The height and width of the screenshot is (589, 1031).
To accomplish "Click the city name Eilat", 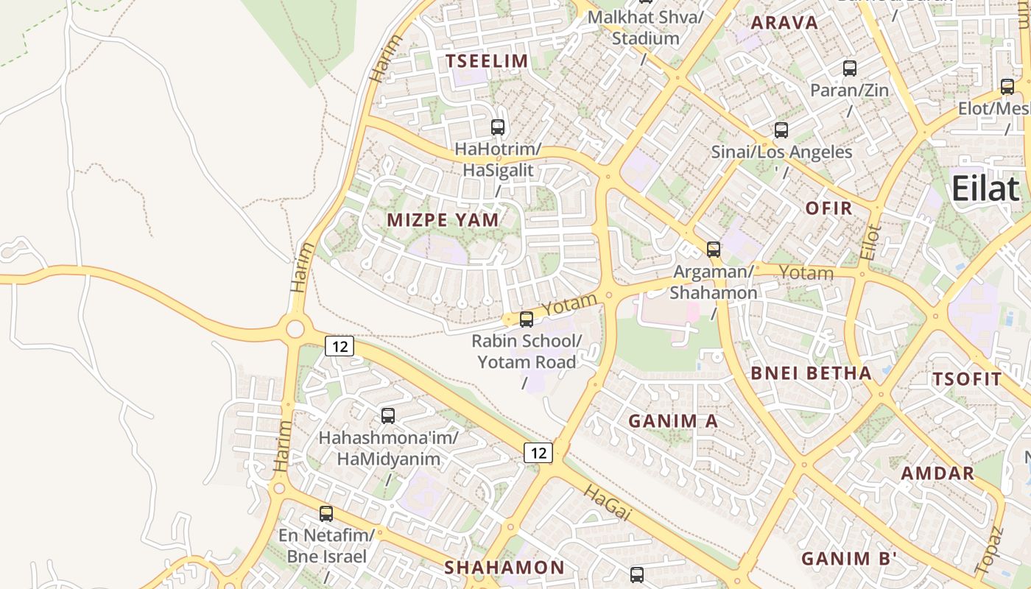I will click(985, 189).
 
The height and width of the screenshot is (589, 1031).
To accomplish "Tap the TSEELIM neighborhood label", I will click(488, 61).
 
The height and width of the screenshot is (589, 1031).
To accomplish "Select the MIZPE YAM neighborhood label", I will click(443, 219).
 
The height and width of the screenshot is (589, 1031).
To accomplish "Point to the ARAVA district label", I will click(784, 23).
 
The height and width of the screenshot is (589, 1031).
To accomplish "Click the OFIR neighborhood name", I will click(828, 208).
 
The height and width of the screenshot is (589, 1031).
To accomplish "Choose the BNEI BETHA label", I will click(811, 373).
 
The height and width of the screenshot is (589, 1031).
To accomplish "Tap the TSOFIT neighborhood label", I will click(967, 380).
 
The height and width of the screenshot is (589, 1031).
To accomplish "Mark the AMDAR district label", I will click(938, 473).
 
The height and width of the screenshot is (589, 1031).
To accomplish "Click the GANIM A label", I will click(673, 421).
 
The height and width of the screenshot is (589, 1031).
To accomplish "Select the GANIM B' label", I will click(848, 559).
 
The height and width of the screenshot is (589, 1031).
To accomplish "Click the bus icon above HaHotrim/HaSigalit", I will click(498, 127).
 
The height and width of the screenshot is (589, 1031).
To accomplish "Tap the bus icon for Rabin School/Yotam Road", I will click(527, 319).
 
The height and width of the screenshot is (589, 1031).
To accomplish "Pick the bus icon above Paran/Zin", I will click(849, 68).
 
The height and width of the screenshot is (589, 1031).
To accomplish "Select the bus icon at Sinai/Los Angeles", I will click(781, 130).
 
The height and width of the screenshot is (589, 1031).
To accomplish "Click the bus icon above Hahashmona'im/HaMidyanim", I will click(388, 415).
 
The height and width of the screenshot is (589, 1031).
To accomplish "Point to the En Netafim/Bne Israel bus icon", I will click(326, 513).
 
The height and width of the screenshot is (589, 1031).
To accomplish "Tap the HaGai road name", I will click(608, 504).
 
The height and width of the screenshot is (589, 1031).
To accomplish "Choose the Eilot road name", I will click(870, 241).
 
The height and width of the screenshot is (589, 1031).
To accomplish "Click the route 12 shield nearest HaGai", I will click(538, 453).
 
